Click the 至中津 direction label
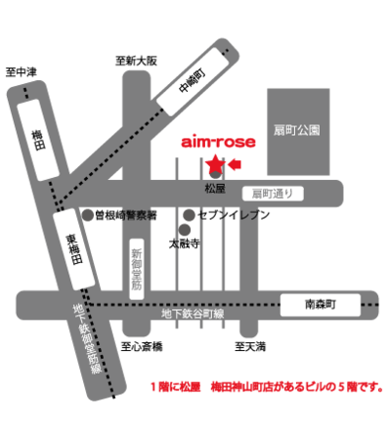pyautogui.click(x=21, y=71)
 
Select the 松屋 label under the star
pyautogui.click(x=215, y=186)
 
